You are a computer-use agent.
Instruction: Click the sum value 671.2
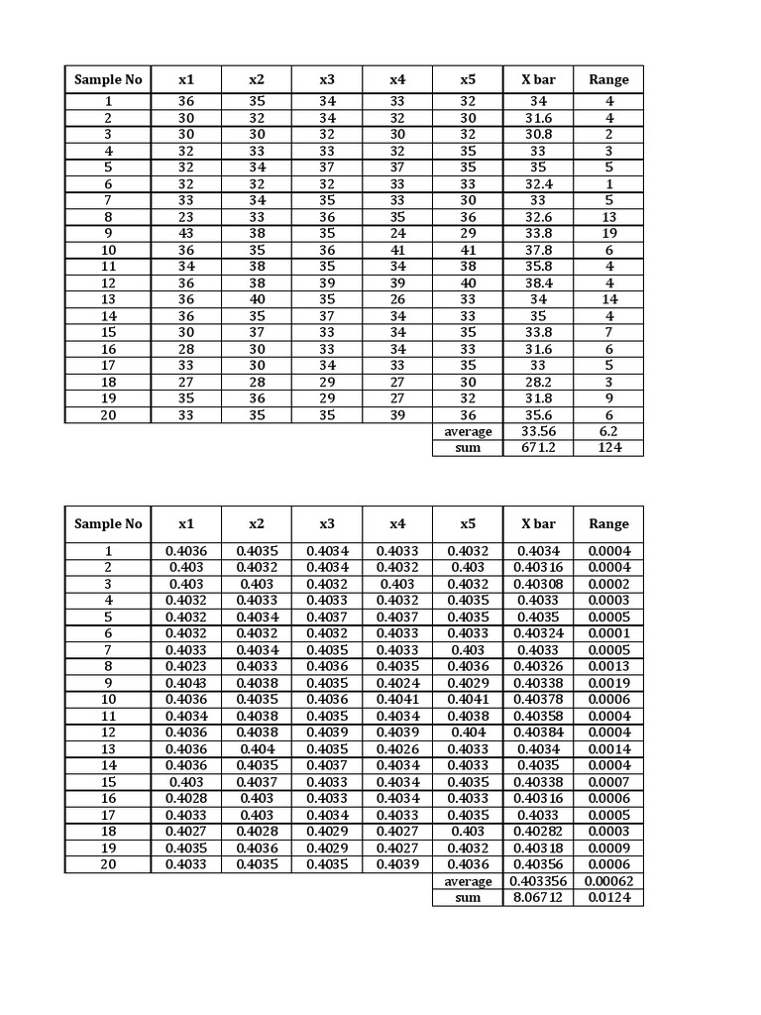pyautogui.click(x=538, y=447)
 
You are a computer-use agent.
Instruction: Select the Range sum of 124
pyautogui.click(x=608, y=447)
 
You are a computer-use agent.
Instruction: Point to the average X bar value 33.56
pyautogui.click(x=538, y=431)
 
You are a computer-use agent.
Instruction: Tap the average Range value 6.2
pyautogui.click(x=608, y=431)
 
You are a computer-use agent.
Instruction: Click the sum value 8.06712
pyautogui.click(x=538, y=897)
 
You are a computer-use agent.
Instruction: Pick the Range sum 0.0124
pyautogui.click(x=608, y=897)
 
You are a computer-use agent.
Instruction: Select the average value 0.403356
pyautogui.click(x=538, y=881)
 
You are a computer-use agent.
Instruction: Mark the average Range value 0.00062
pyautogui.click(x=608, y=881)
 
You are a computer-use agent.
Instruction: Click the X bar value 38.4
pyautogui.click(x=538, y=282)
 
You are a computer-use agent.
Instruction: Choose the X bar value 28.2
pyautogui.click(x=538, y=382)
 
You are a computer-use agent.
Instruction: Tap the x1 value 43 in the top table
pyautogui.click(x=186, y=233)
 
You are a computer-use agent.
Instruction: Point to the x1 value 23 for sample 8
pyautogui.click(x=186, y=216)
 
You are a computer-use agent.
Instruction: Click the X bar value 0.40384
pyautogui.click(x=538, y=733)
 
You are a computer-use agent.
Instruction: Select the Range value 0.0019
pyautogui.click(x=608, y=683)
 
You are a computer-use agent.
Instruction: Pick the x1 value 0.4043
pyautogui.click(x=186, y=683)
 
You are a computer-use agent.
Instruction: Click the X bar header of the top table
pyautogui.click(x=538, y=79)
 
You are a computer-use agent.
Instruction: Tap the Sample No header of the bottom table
pyautogui.click(x=108, y=523)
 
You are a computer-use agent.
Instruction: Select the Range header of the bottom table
pyautogui.click(x=608, y=523)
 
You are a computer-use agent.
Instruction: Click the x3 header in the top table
pyautogui.click(x=327, y=79)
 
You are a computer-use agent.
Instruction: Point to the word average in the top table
pyautogui.click(x=468, y=431)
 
